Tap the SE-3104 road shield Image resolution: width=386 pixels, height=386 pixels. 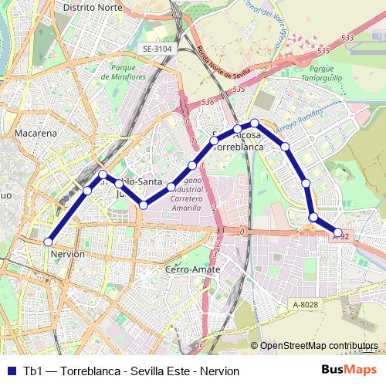click(157, 49)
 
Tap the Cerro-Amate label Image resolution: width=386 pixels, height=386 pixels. click(192, 269)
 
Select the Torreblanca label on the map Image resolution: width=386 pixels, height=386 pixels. click(238, 146)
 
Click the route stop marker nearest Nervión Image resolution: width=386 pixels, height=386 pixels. click(49, 241)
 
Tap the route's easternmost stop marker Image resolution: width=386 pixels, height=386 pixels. click(338, 232)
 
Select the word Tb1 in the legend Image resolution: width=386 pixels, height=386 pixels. click(32, 371)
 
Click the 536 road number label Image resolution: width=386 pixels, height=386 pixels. click(207, 102)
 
